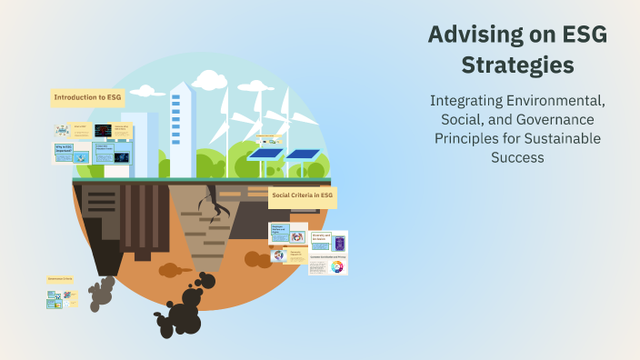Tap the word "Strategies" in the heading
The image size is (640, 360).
[x=516, y=65]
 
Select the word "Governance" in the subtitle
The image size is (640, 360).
[x=543, y=121]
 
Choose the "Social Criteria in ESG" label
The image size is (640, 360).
[x=304, y=195]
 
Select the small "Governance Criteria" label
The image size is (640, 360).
[x=61, y=278]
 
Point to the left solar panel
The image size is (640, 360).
[x=265, y=155]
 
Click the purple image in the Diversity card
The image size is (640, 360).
[x=340, y=244]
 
